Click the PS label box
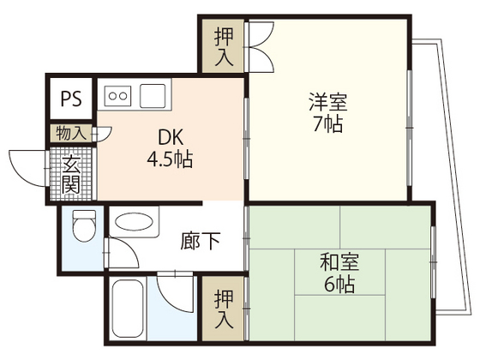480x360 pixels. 70,98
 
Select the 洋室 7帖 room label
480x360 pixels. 328,112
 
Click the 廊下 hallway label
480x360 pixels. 201,241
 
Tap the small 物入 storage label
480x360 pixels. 70,133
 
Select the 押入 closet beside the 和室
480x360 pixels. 223,309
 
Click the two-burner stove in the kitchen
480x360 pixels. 117,94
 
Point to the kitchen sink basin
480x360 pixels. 154,93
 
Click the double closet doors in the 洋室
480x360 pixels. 260,46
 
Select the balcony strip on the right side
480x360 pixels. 447,180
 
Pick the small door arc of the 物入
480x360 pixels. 104,132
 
